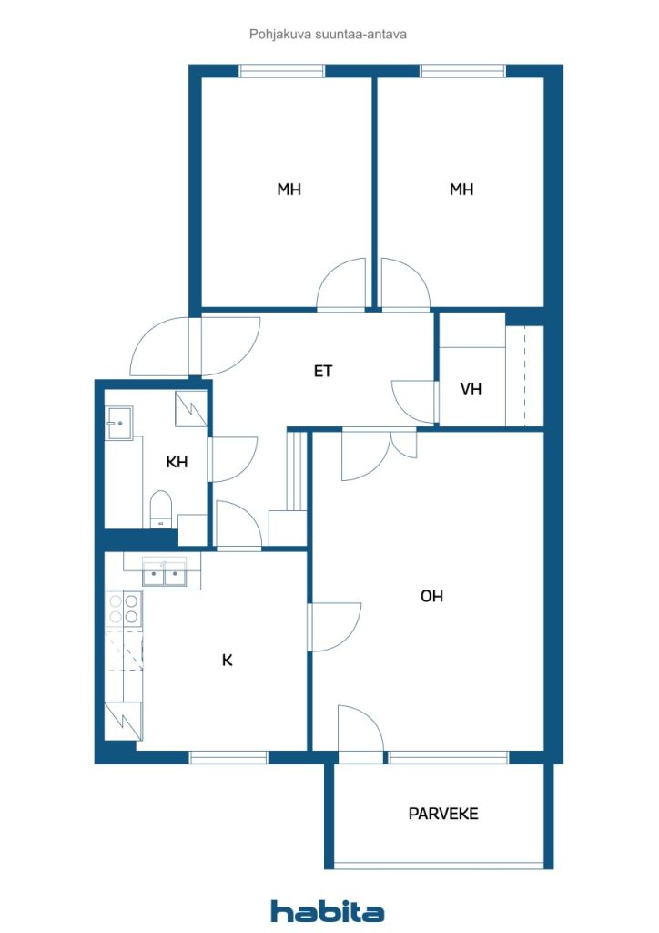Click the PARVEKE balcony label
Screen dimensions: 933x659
click(x=443, y=814)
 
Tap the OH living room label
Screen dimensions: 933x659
click(x=431, y=596)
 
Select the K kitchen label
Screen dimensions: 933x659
click(x=228, y=660)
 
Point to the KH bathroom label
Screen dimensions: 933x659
click(x=177, y=462)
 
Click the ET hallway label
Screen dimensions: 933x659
click(x=323, y=371)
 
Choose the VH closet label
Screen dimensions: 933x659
click(x=471, y=389)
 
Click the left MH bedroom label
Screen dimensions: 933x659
click(x=289, y=190)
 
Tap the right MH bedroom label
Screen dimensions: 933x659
click(x=461, y=190)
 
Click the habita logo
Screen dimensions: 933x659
click(x=328, y=910)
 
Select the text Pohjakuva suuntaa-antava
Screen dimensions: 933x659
click(x=328, y=34)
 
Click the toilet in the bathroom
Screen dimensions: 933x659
click(x=161, y=508)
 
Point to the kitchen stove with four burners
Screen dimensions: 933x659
click(x=123, y=608)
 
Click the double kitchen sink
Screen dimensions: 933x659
click(x=165, y=573)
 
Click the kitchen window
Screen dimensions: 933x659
click(x=228, y=756)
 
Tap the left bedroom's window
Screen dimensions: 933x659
click(x=282, y=71)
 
